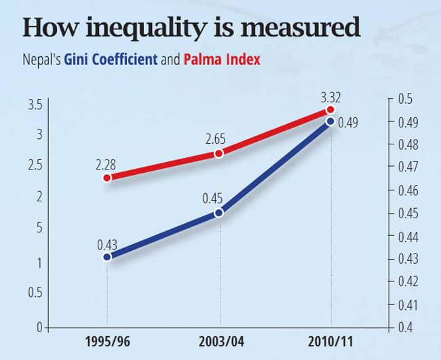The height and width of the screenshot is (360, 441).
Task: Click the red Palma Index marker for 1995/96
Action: coord(107,178)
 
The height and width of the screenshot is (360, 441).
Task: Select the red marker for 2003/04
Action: coord(219,154)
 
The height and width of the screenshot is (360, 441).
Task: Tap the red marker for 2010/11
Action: coord(330,110)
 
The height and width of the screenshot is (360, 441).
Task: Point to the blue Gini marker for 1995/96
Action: coord(107,258)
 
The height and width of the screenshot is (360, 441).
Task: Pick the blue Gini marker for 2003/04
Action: coord(219,213)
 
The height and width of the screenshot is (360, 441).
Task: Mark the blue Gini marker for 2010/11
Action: coord(330,121)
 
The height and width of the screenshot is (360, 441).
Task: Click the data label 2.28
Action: coord(107,163)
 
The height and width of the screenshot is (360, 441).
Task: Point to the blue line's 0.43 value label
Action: coord(107,243)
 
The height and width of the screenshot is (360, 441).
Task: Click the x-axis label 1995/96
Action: coord(107,341)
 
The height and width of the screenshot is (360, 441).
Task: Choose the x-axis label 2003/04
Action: coord(219,341)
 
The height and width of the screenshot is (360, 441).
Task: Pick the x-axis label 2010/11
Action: coord(330,341)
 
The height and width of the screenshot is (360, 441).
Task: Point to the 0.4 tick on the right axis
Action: coord(406,327)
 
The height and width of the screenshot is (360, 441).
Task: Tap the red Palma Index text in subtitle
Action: coord(221,60)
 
